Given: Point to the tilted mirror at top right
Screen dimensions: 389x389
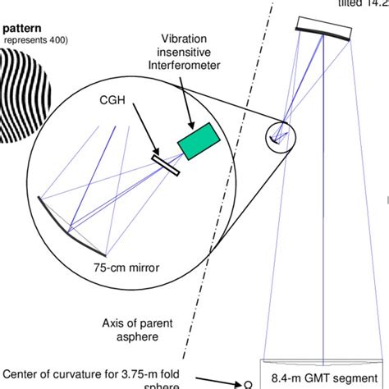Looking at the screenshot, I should tap(323, 31).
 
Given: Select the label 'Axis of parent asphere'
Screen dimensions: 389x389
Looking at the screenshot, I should tap(133, 329).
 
